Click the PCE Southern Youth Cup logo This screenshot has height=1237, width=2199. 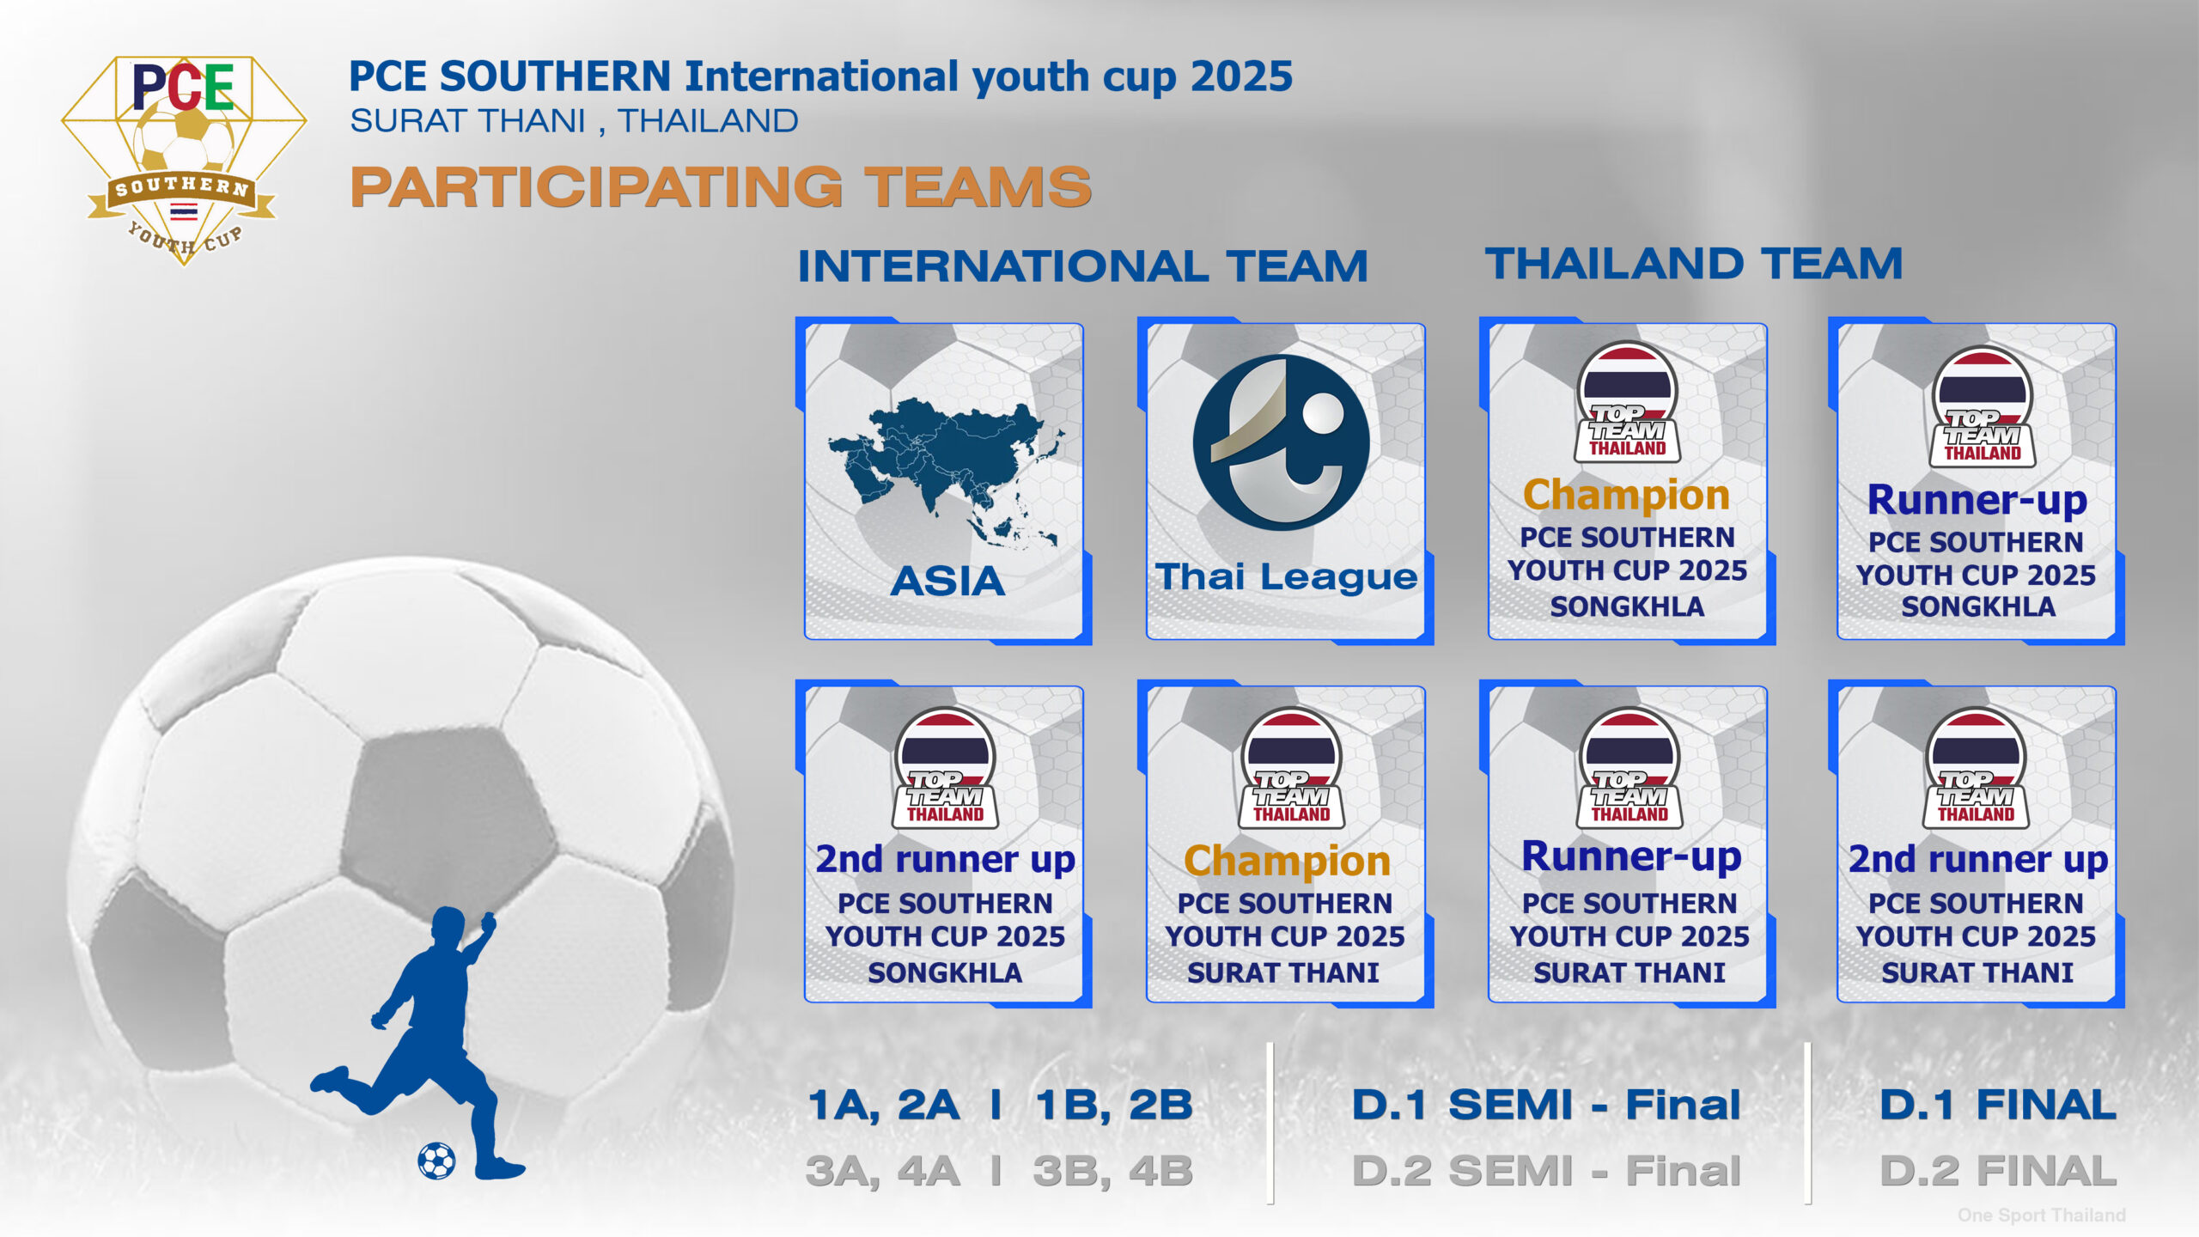pos(184,160)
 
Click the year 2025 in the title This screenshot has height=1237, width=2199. pos(1241,77)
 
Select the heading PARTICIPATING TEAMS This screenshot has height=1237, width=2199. pos(721,187)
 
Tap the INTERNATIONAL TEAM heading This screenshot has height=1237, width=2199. pos(1082,265)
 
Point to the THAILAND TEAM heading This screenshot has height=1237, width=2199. pos(1694,263)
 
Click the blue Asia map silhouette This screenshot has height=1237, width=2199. pos(945,473)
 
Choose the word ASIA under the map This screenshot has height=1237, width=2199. pos(947,581)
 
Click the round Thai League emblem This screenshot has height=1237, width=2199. pos(1281,442)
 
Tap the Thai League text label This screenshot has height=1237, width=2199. pos(1286,576)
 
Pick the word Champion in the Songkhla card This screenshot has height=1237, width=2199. pos(1626,495)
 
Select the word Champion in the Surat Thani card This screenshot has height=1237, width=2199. pos(1287,861)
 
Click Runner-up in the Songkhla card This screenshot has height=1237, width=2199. pos(1977,500)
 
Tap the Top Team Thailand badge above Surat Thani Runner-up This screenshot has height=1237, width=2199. pos(1629,767)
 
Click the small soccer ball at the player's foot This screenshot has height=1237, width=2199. pos(436,1161)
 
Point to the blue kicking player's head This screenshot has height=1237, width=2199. pos(449,928)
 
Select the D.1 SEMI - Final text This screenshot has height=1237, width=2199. pos(1546,1105)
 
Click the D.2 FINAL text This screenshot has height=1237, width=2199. pos(1998,1171)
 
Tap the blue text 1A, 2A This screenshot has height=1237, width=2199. pos(883,1106)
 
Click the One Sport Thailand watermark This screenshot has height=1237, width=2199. pos(2042,1215)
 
